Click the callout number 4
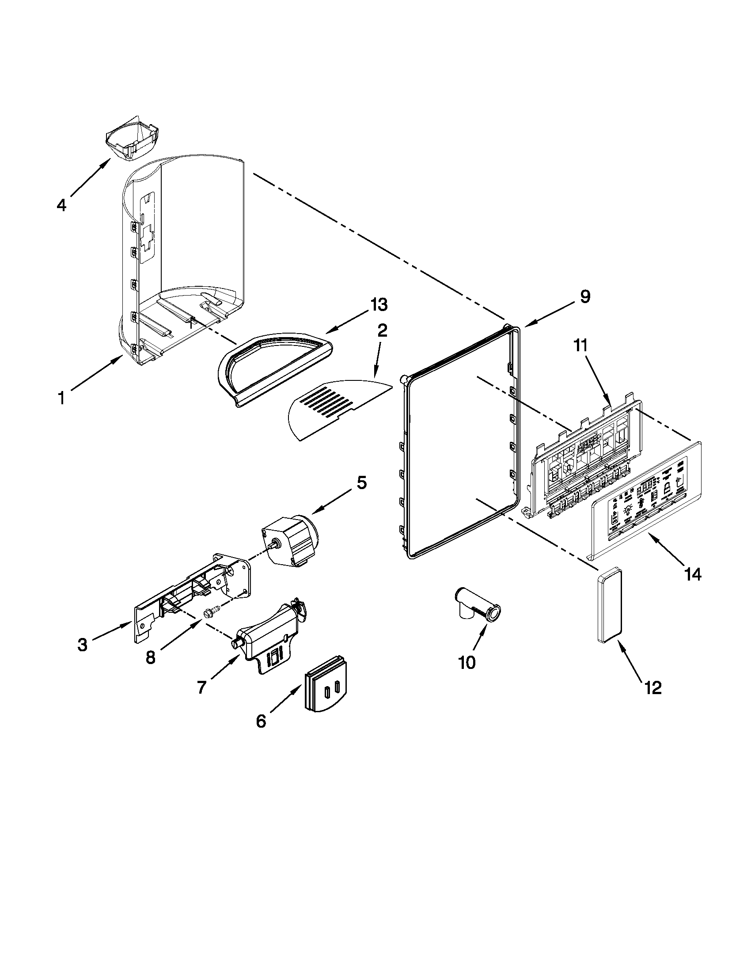coord(61,205)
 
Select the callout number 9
coord(584,296)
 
